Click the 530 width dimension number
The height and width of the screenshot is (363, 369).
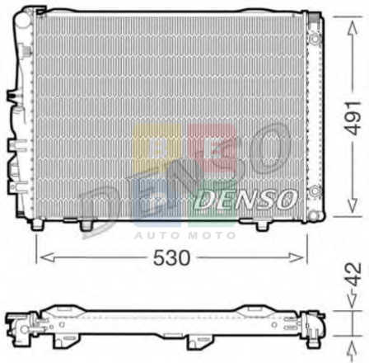[x=171, y=258]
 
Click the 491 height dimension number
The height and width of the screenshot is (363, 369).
[x=353, y=118]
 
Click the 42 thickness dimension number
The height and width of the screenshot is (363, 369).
[x=353, y=275]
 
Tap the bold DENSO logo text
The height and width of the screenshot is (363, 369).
[x=245, y=199]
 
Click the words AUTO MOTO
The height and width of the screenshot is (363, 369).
[x=184, y=235]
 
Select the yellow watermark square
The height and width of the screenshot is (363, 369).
[x=157, y=148]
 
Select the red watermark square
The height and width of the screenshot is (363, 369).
[x=212, y=148]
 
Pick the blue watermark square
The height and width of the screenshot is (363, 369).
[x=156, y=202]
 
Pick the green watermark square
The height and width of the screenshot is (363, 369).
[x=212, y=202]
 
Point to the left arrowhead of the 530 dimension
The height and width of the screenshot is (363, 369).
[x=46, y=257]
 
